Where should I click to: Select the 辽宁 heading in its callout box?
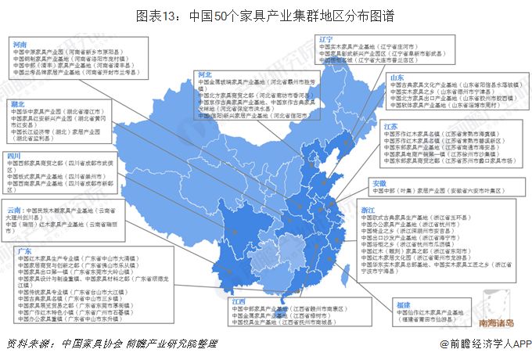[326, 38]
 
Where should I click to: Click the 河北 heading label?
[205, 74]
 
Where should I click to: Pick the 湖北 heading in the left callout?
[16, 103]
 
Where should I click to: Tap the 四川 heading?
[14, 157]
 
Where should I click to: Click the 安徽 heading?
[379, 182]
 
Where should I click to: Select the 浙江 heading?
[368, 211]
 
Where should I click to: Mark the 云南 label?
[14, 211]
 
